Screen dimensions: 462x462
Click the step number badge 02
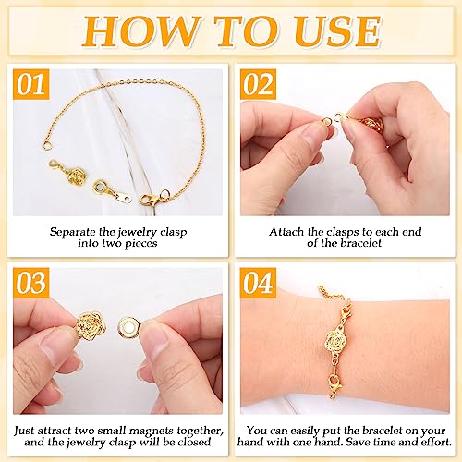point(260,87)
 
